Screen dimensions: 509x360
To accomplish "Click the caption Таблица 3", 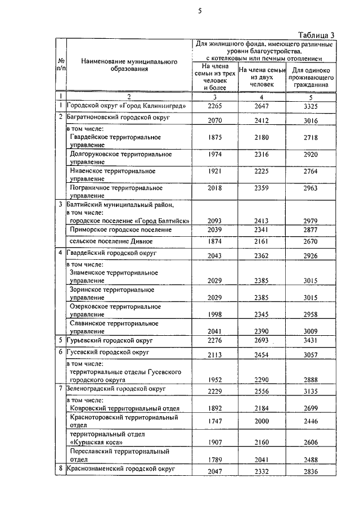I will coord(316,34).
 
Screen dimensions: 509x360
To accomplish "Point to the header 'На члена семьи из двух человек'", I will coord(259,76).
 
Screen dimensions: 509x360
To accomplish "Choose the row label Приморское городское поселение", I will coord(120,229).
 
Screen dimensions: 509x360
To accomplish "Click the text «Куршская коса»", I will coord(96,442).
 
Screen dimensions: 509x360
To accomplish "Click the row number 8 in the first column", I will coord(60,468).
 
